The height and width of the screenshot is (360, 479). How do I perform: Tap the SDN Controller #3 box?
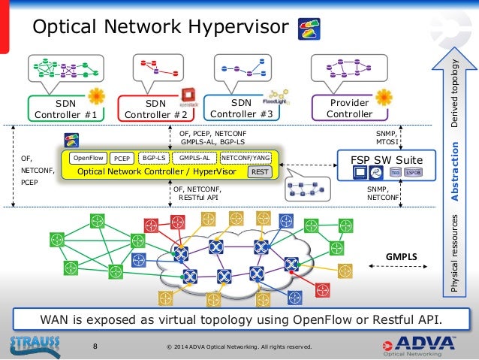[x=242, y=108]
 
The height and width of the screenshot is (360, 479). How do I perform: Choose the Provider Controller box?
[x=349, y=109]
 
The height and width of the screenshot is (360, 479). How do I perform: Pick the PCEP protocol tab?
[x=121, y=159]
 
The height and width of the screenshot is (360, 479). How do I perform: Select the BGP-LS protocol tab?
[x=153, y=159]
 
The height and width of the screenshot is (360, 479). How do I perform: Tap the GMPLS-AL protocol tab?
[x=194, y=159]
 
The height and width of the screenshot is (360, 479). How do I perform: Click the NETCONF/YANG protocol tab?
[x=246, y=159]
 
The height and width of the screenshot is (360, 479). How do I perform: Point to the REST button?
[x=260, y=172]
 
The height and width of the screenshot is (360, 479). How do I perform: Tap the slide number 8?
[x=95, y=346]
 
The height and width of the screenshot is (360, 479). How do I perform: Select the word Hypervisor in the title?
[x=241, y=28]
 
